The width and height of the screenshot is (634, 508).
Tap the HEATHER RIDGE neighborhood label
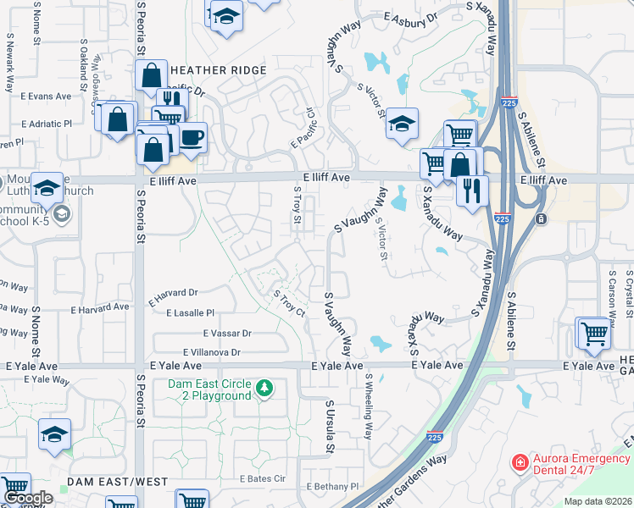(219, 70)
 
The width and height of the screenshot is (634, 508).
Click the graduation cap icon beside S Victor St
(402, 124)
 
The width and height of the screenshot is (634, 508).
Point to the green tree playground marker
(265, 389)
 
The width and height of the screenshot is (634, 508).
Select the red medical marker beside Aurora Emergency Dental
(519, 463)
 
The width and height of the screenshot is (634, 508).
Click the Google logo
(28, 498)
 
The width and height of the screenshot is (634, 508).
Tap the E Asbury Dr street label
(410, 16)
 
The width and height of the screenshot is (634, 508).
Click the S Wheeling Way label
(368, 407)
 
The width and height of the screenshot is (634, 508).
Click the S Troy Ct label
(288, 303)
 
